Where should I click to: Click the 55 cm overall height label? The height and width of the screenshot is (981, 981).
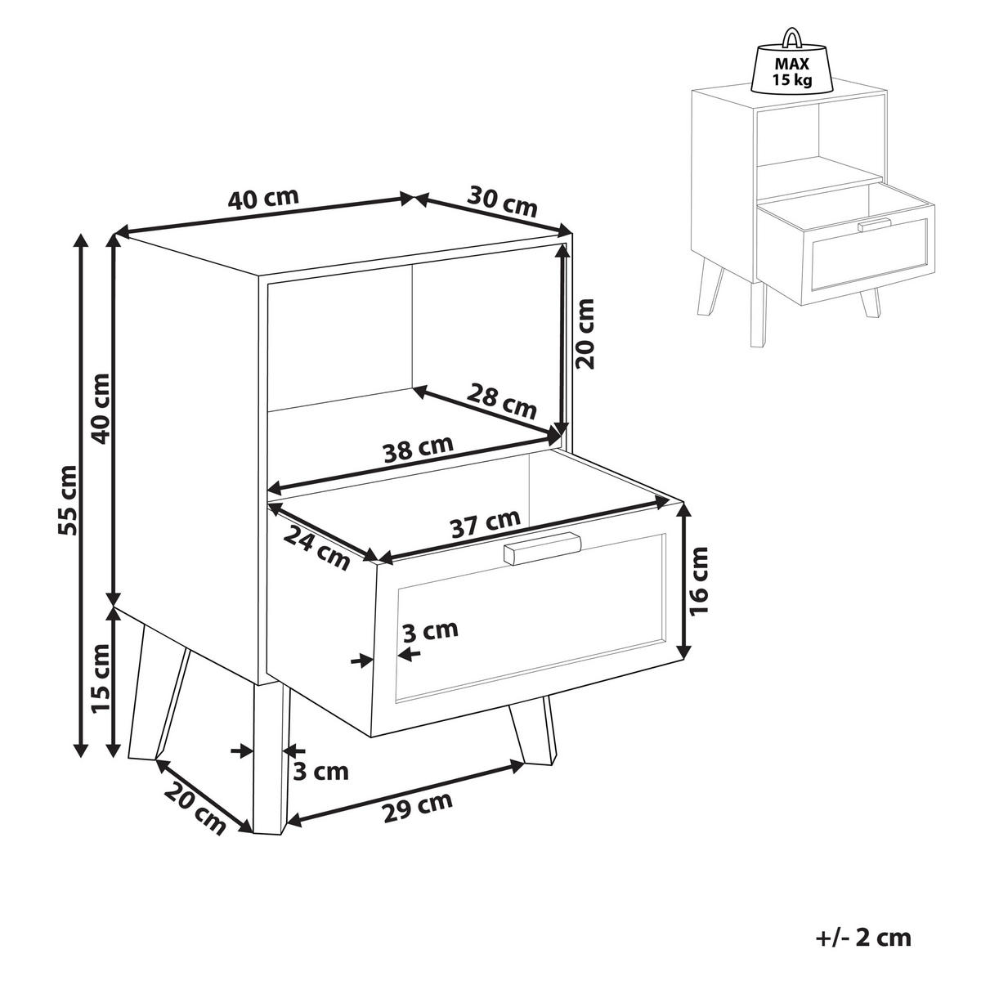(x=68, y=499)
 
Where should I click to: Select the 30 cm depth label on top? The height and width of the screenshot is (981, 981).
(x=501, y=201)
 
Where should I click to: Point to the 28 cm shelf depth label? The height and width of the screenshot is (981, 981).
(x=501, y=401)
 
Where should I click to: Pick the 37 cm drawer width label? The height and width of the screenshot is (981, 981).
(x=486, y=523)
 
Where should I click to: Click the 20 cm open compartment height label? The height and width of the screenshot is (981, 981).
(x=585, y=334)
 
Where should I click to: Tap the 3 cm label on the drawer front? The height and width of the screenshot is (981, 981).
(x=430, y=630)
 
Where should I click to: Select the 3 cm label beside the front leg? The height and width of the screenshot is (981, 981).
(x=320, y=773)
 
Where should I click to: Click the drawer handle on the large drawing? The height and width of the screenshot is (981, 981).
(x=542, y=548)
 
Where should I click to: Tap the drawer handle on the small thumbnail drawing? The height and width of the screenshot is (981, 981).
(x=874, y=225)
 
